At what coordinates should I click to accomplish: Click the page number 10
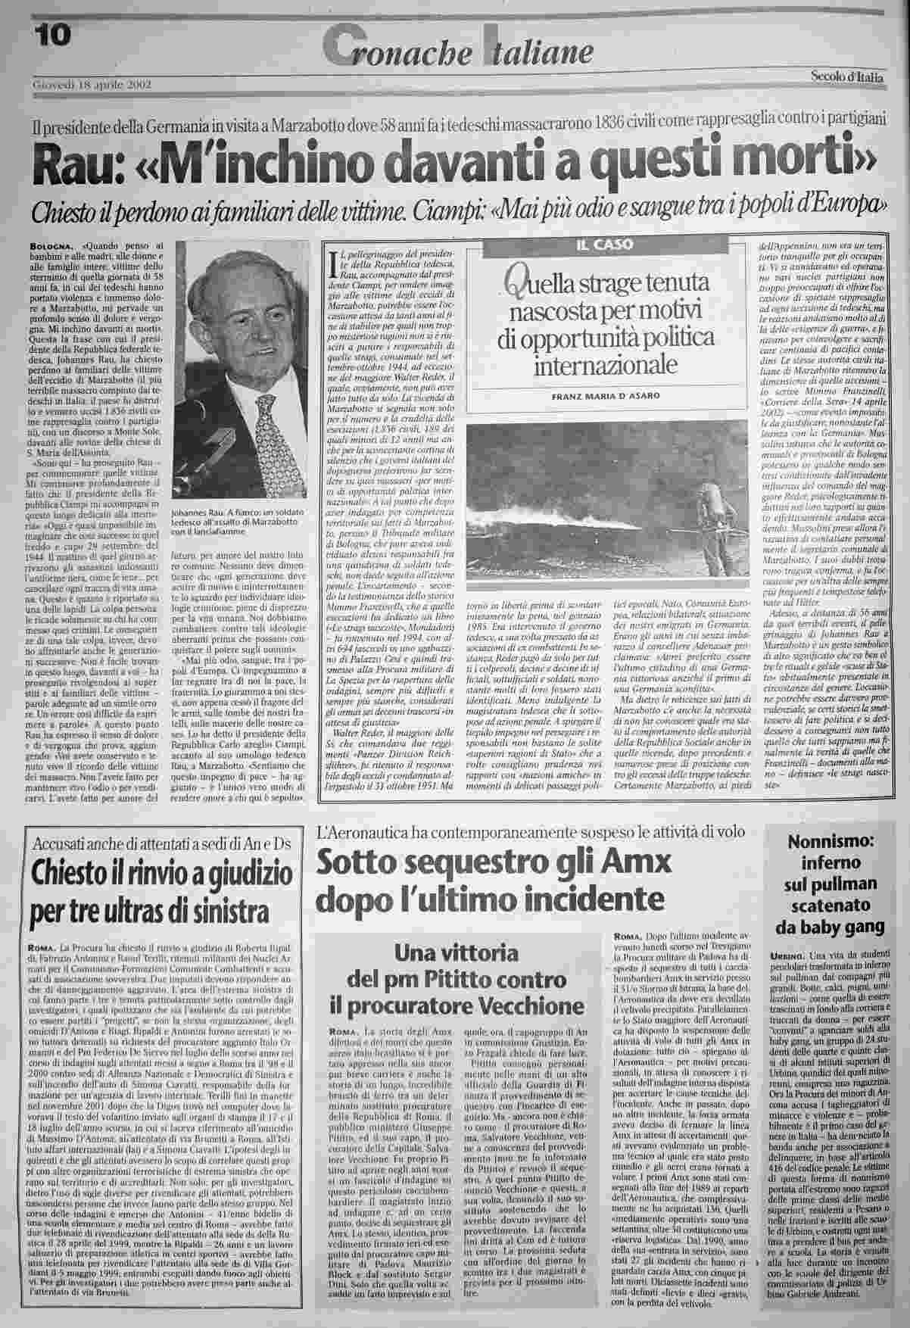point(52,34)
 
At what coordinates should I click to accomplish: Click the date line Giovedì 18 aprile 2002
point(92,84)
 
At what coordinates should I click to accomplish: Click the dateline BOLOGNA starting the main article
point(52,246)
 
